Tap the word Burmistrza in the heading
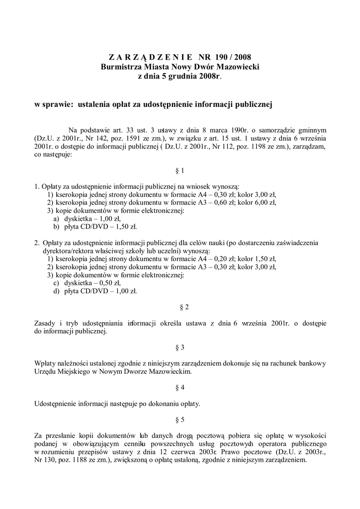(x=121, y=67)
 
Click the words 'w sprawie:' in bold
(x=53, y=104)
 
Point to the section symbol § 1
(x=180, y=170)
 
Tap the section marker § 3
(x=180, y=346)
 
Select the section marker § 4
(x=180, y=386)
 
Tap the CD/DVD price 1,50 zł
(x=125, y=227)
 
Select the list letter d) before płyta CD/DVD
(x=57, y=291)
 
